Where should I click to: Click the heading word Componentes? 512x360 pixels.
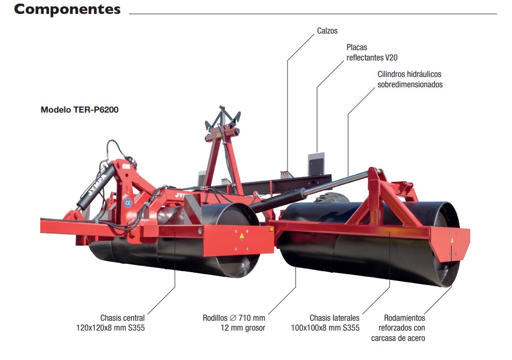pos(67,9)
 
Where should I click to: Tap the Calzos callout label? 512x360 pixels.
pos(327,31)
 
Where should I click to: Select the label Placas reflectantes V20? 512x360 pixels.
pos(372,52)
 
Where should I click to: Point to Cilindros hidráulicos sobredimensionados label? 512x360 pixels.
pos(410,79)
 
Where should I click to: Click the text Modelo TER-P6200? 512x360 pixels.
pos(79,109)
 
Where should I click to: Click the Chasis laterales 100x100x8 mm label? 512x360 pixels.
pos(325,323)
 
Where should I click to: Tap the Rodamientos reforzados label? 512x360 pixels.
pos(398,328)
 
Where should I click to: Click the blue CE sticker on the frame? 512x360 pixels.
pos(127,202)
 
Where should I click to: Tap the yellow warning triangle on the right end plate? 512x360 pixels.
pos(452,240)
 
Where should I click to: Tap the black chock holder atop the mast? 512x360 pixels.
pos(223,117)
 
